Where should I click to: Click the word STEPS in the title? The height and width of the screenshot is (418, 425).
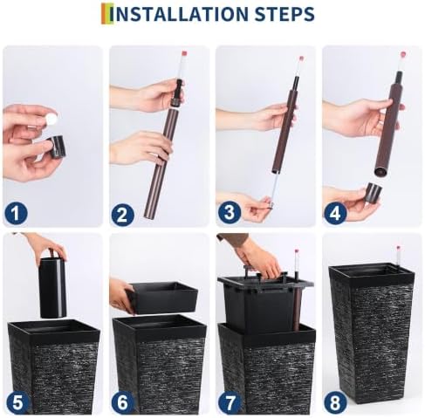(284, 14)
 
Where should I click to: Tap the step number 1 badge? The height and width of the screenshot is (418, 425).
(16, 214)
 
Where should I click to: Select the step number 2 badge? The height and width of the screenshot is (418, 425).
(122, 215)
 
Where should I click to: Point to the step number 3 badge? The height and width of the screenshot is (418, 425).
(230, 212)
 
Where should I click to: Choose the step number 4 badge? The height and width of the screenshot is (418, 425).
(335, 214)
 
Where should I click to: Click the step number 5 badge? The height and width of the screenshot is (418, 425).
(17, 402)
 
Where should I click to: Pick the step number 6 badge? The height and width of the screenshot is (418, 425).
(122, 402)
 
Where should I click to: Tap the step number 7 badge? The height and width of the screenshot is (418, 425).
(230, 402)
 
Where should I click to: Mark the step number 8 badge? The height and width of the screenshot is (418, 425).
(335, 402)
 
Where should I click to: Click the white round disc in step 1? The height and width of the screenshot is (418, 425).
(51, 119)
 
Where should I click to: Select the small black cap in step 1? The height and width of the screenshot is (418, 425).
(58, 147)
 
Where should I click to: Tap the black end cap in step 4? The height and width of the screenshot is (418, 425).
(374, 193)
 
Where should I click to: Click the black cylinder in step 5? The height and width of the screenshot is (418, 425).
(52, 287)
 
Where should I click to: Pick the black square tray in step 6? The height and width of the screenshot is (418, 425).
(162, 298)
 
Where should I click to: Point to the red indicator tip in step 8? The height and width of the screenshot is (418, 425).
(398, 248)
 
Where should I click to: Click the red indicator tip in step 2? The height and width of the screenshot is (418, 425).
(184, 53)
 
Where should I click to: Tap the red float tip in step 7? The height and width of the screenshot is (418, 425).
(297, 250)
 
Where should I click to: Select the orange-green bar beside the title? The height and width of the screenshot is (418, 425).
(105, 14)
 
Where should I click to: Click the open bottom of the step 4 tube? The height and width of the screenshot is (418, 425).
(381, 172)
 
